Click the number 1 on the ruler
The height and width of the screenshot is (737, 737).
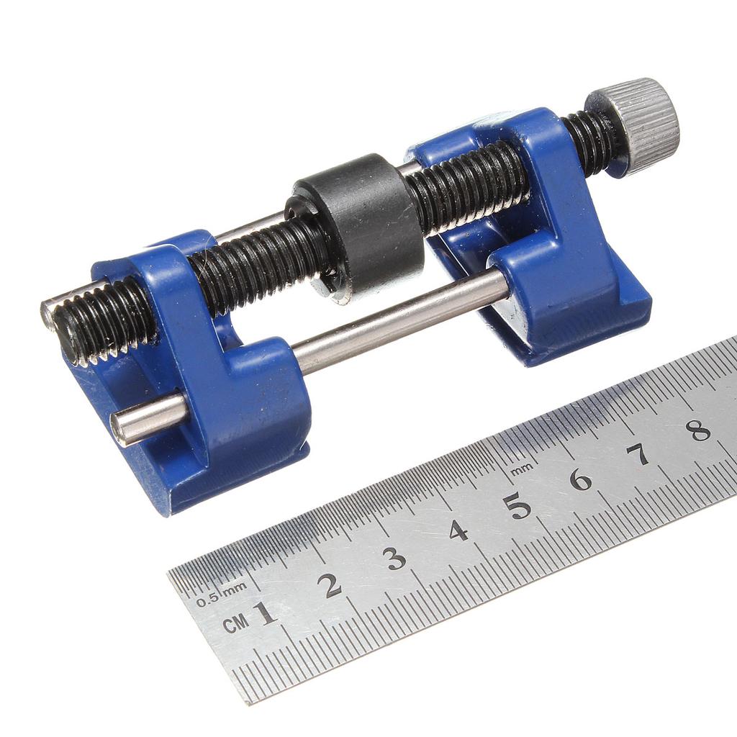point(266,612)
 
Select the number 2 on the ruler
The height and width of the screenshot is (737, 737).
point(331,585)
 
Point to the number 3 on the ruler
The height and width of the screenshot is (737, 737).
point(394,558)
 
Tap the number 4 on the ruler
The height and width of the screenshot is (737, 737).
point(458,531)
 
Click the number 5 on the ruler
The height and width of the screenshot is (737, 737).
point(517,505)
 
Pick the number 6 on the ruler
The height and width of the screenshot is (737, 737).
point(580,479)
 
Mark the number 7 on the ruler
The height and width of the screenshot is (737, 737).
point(638,454)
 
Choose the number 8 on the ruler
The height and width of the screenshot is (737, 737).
point(697,430)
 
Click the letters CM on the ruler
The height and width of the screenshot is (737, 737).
point(235,623)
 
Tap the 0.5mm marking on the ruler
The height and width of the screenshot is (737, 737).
point(221,595)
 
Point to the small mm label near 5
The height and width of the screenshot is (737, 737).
point(523,468)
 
